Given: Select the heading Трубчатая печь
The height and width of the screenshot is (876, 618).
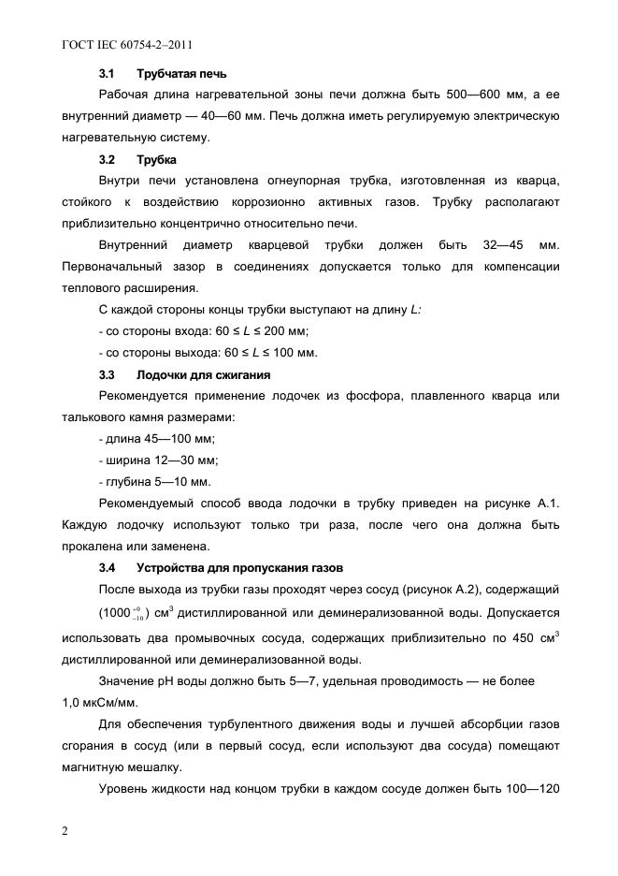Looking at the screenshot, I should point(181,73).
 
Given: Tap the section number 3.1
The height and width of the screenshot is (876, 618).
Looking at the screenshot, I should point(107,73).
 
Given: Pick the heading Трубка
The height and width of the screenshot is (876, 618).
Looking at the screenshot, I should point(157,159).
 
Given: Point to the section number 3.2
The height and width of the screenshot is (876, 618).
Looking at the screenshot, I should point(107,159).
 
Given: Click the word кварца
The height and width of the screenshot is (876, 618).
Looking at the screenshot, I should point(537,181).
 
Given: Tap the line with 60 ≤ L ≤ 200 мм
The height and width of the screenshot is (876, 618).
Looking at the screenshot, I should point(204,331).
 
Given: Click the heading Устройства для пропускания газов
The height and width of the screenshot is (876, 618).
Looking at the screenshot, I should point(240,568).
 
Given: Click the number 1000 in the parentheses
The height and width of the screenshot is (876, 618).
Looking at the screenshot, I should point(117,613).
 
